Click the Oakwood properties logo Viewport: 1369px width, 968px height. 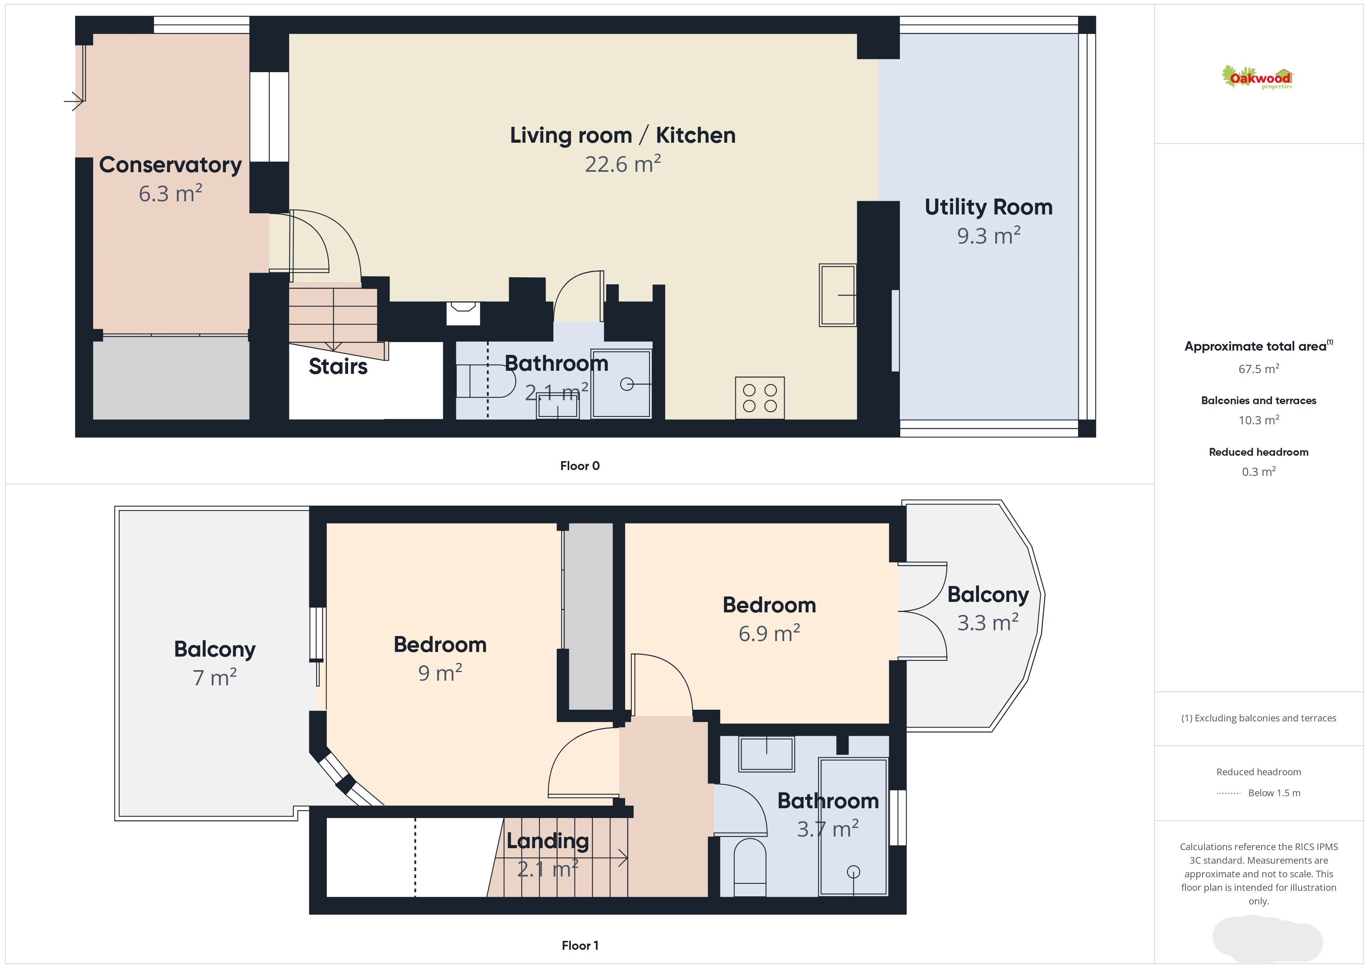pos(1257,78)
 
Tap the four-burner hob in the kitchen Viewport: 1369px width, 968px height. pos(760,398)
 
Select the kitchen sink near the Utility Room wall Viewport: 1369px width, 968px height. pos(838,295)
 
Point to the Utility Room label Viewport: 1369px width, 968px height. pos(989,207)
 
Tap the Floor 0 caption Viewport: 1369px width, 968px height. pos(580,466)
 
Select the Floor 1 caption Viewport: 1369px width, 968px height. pos(580,946)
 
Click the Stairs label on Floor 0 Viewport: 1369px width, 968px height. pos(338,366)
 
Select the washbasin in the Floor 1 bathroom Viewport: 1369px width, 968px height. pos(767,754)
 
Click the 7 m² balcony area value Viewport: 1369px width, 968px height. pos(215,677)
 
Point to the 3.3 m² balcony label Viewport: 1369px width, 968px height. pos(988,622)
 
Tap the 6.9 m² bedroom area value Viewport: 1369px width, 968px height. pos(769,633)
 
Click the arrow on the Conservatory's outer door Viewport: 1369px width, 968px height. pos(74,101)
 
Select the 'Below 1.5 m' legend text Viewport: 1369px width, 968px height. pos(1274,793)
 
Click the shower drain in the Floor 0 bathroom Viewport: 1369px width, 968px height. pos(627,384)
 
